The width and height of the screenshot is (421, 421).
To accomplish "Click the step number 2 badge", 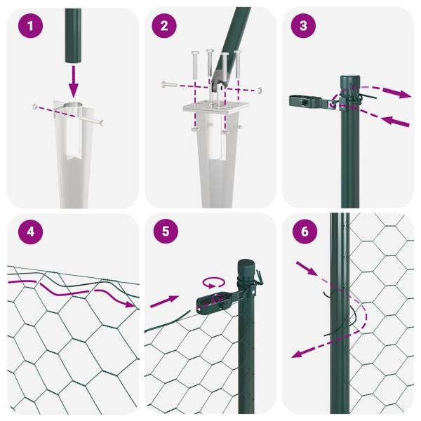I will pyautogui.click(x=165, y=27).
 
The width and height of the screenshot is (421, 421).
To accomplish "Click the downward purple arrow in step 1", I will pyautogui.click(x=74, y=81).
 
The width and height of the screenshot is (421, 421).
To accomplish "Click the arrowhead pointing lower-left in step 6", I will pyautogui.click(x=298, y=354).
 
